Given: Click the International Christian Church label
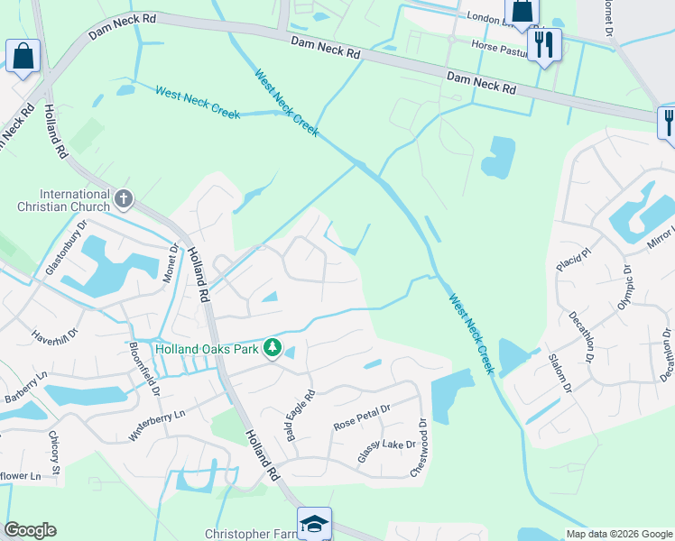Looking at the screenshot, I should tap(74, 200).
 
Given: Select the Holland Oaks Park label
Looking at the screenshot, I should tap(207, 348).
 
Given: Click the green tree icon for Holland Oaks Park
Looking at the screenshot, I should tap(273, 348).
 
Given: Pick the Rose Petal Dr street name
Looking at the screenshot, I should tap(361, 417).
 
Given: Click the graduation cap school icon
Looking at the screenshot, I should tap(314, 523).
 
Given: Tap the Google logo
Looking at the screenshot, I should tap(30, 530).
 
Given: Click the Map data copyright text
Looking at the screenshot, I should tap(617, 534).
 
